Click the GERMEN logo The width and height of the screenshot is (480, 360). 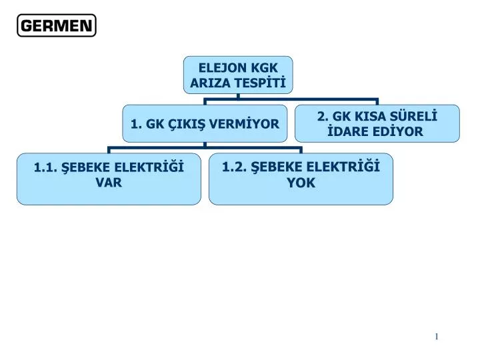pos(57,25)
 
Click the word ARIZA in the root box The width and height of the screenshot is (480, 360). pos(208,83)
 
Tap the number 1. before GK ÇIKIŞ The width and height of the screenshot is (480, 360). pos(136,124)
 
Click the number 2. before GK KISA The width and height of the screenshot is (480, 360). pos(323,116)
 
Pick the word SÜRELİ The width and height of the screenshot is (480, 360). pos(413,116)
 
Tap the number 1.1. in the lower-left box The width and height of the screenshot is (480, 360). pos(45,167)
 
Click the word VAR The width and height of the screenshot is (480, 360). pos(109,183)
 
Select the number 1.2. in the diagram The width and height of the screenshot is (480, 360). pos(234,167)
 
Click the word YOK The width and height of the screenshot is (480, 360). pos(301,183)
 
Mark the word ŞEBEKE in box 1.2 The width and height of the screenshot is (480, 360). pos(277,167)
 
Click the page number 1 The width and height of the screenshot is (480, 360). pos(437,337)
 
